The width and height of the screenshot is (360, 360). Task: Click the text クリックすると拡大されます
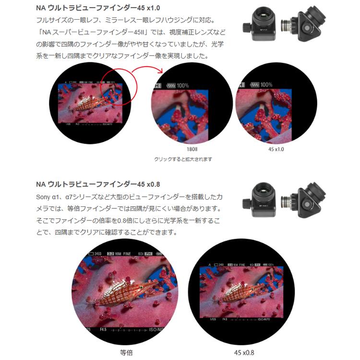pos(183,159)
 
